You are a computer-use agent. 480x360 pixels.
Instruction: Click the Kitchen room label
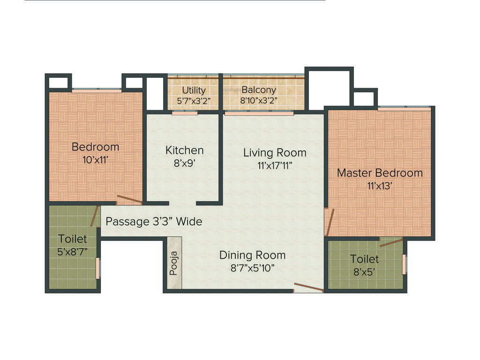(x=184, y=150)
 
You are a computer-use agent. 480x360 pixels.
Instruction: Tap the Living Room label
(x=275, y=152)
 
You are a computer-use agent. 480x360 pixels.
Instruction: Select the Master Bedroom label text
(x=380, y=172)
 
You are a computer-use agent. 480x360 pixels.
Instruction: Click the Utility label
(x=194, y=90)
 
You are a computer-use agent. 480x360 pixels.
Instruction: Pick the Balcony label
(x=259, y=90)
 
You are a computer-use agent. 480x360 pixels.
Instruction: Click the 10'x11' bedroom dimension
(x=95, y=159)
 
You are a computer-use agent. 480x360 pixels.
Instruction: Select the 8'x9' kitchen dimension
(x=184, y=164)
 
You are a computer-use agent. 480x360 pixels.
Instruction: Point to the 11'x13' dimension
(x=380, y=185)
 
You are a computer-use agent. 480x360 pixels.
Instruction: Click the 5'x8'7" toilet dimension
(x=73, y=252)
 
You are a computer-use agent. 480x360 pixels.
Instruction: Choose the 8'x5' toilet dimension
(x=364, y=271)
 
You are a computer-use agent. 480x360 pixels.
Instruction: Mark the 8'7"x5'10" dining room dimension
(x=252, y=268)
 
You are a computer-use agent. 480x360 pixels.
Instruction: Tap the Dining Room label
(x=252, y=255)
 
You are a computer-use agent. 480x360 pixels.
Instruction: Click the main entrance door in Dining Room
(x=308, y=287)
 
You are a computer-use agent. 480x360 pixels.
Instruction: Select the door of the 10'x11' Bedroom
(x=129, y=200)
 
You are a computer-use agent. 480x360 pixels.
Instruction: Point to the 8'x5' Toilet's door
(x=391, y=242)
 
